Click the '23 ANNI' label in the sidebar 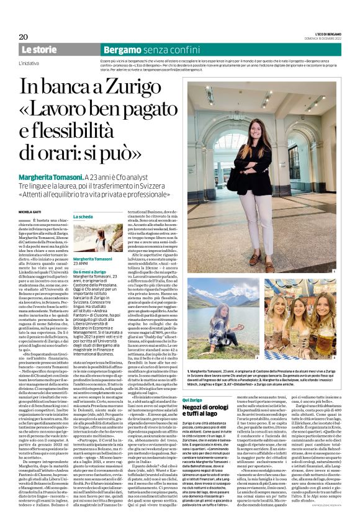[81, 264]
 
